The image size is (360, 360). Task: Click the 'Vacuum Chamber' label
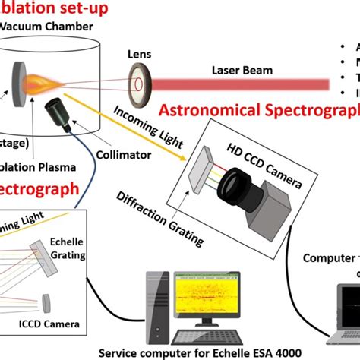(x=47, y=27)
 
